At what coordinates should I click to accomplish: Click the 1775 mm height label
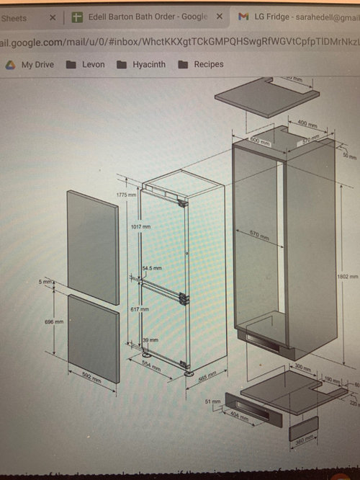pos(127,195)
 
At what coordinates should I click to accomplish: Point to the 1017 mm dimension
pos(141,226)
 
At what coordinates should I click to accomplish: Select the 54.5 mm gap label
pos(152,268)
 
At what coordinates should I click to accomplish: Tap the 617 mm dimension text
pos(141,308)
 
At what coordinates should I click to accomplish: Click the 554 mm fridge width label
pos(150,365)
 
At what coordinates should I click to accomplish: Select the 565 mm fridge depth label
pos(207,377)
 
